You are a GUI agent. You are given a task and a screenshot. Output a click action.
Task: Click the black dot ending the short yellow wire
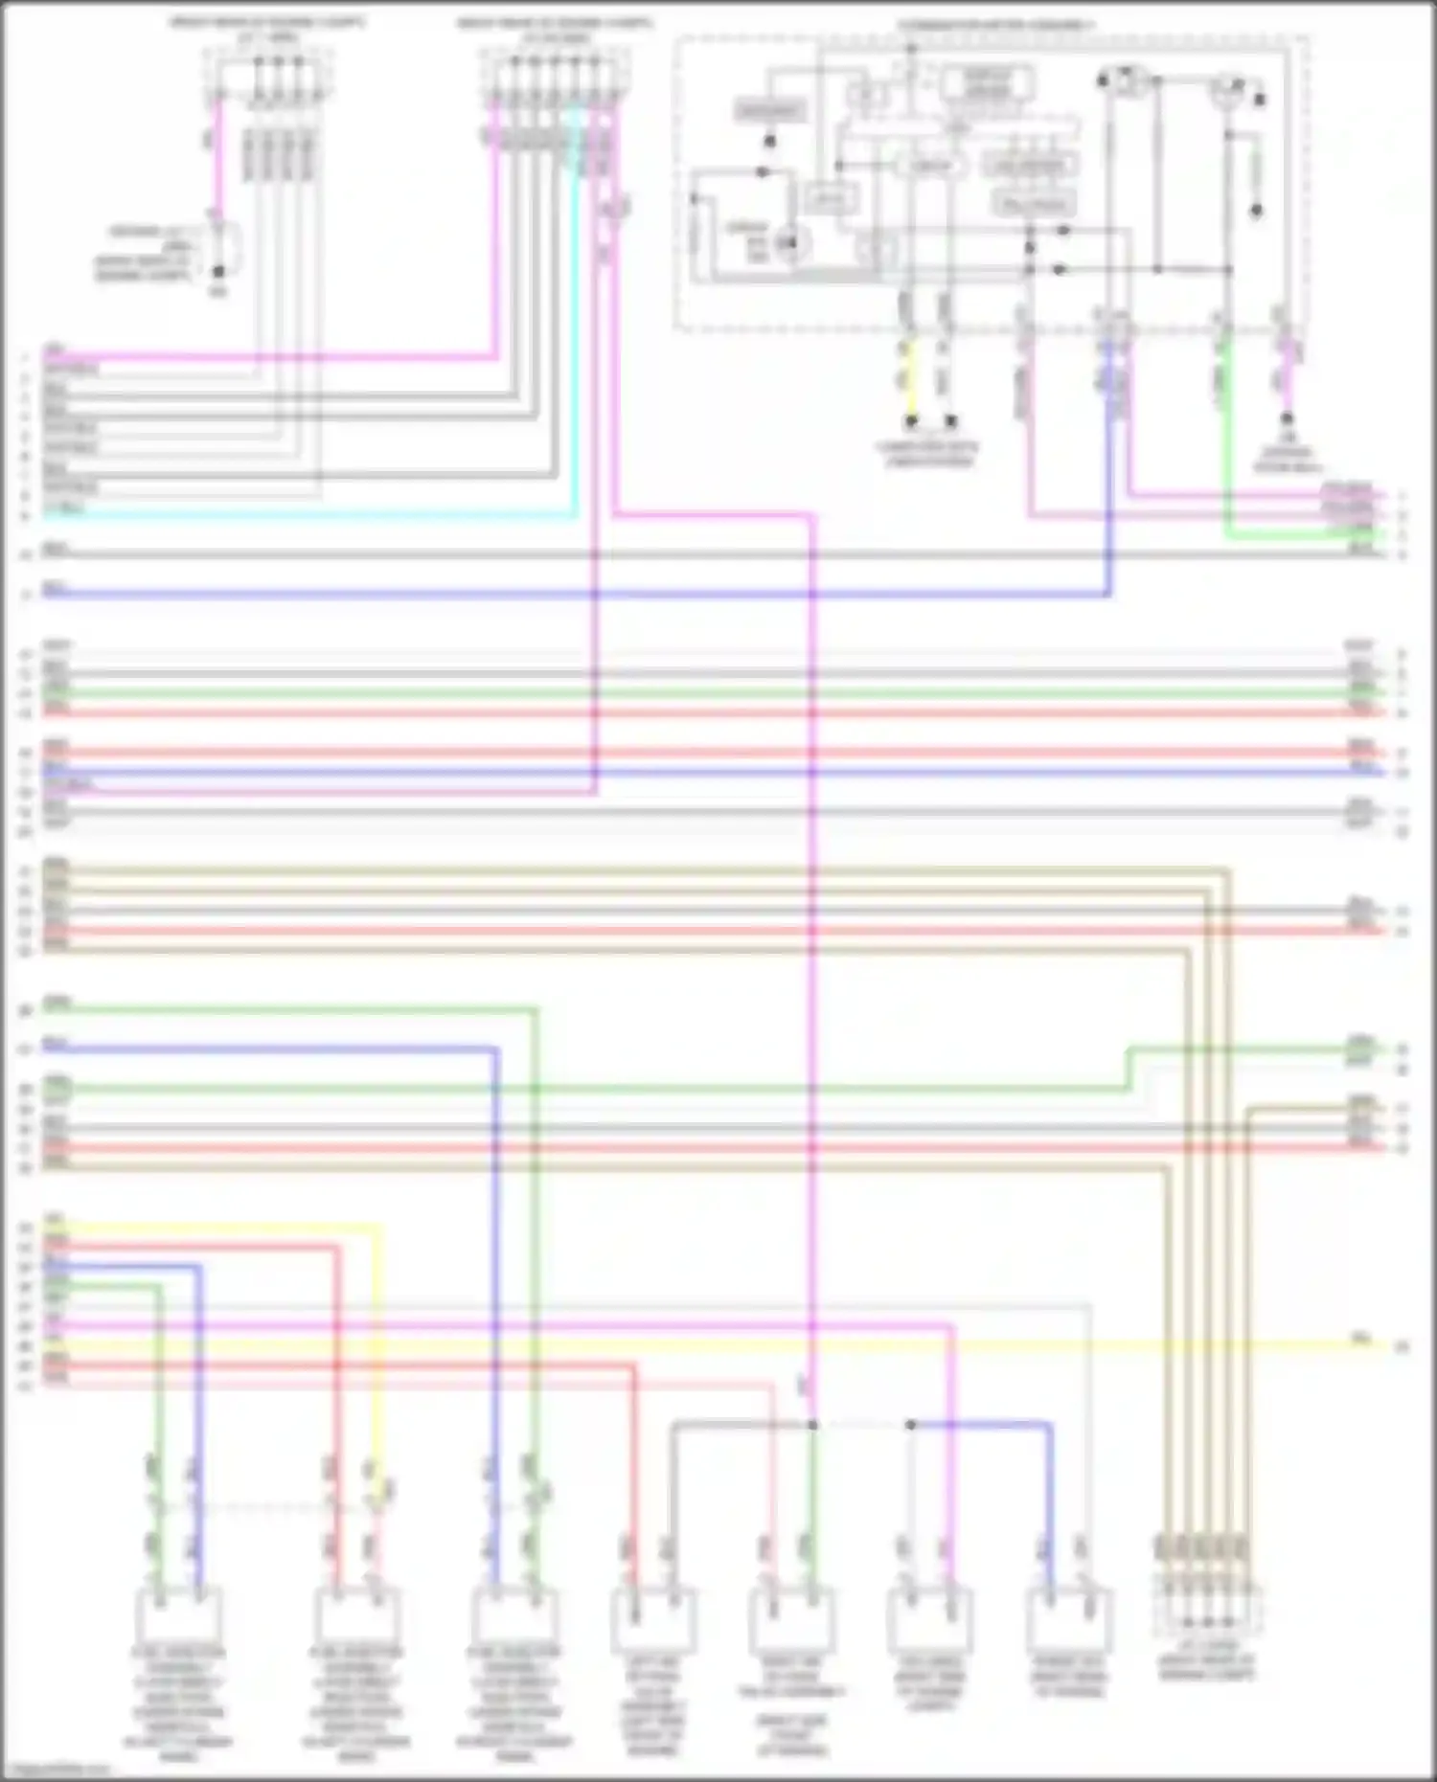[910, 420]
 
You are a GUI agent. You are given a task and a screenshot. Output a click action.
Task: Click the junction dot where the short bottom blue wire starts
[910, 1425]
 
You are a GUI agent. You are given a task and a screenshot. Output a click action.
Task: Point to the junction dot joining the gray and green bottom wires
[812, 1425]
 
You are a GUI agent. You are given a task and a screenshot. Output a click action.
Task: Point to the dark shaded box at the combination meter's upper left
[770, 111]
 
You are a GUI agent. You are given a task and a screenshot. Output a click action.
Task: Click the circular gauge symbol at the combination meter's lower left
[790, 245]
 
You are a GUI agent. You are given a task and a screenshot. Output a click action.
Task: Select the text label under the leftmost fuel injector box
[178, 1704]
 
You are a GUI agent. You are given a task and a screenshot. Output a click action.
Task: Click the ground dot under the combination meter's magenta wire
[1287, 418]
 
